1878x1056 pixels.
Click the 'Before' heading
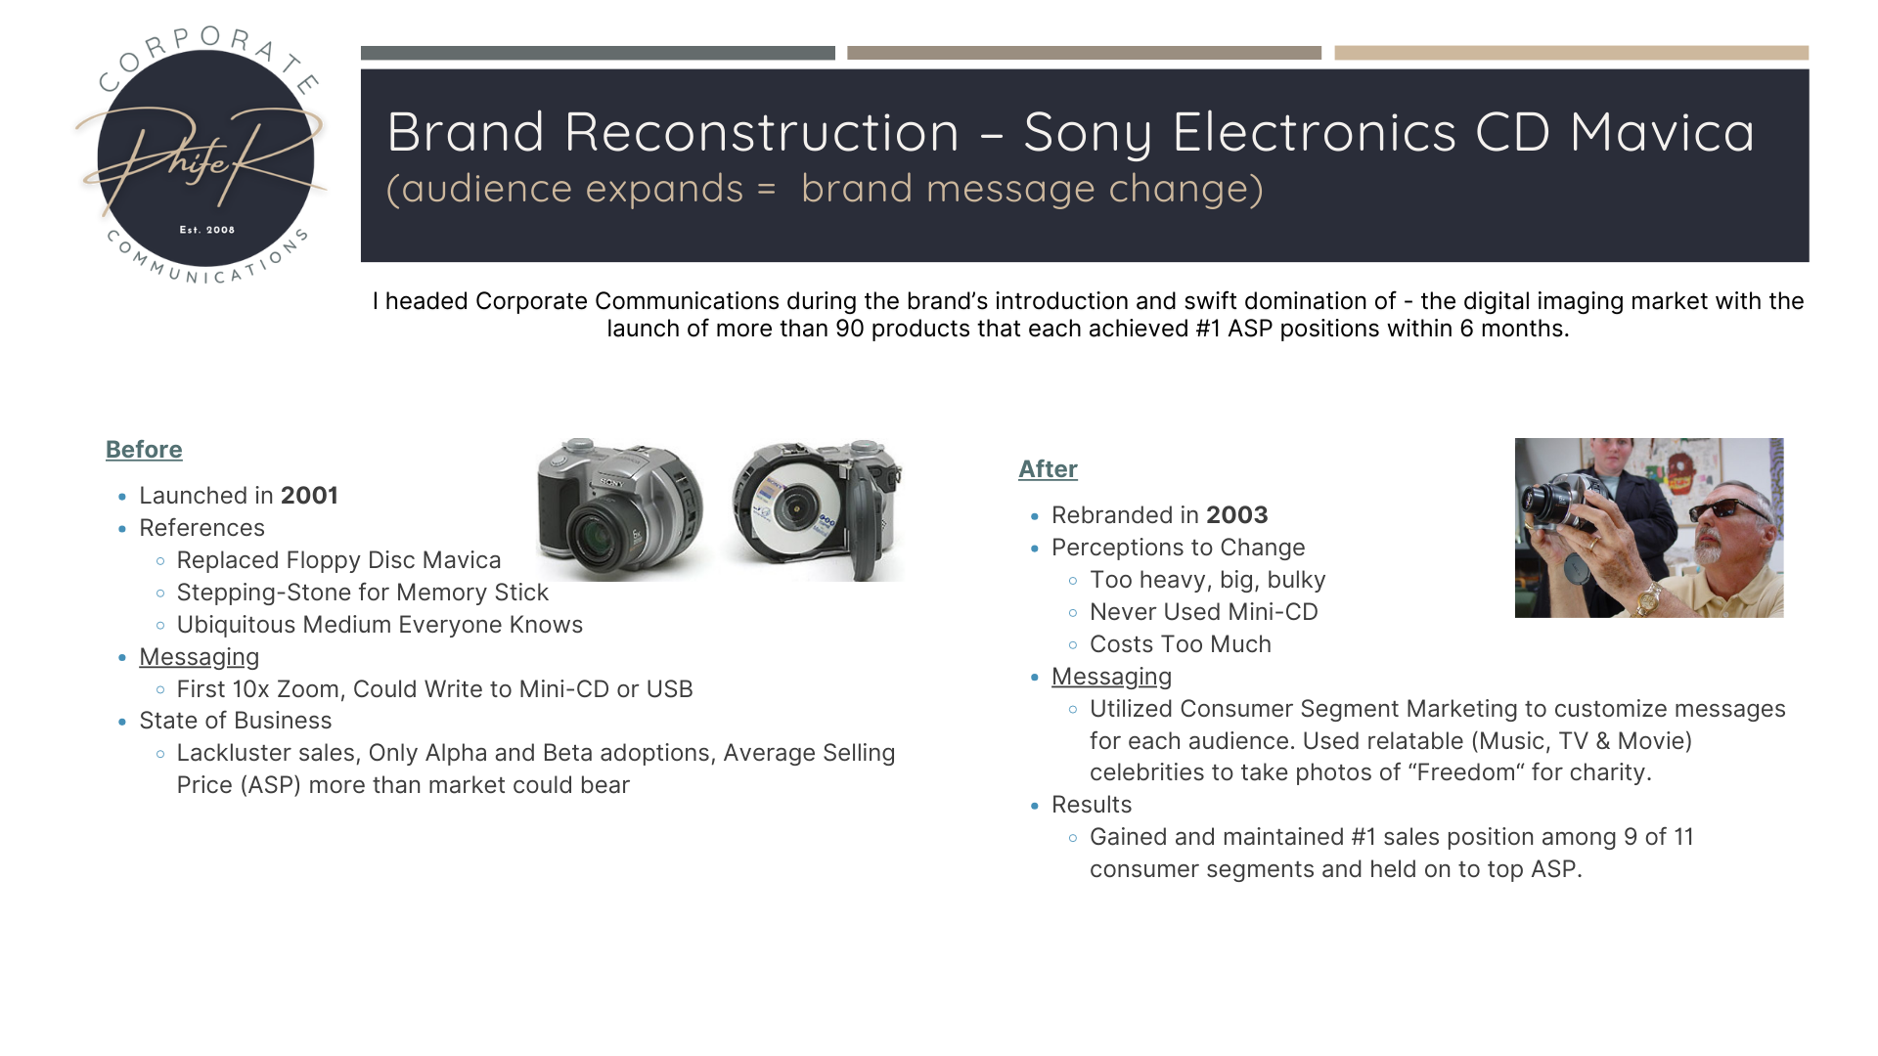click(144, 450)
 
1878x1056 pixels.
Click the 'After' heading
click(1048, 469)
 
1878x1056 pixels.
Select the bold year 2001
click(309, 496)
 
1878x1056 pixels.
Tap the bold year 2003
click(1237, 515)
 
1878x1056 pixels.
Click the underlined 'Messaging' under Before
click(200, 657)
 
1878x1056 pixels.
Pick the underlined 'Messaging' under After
click(1111, 677)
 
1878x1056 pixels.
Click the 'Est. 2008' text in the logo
click(207, 230)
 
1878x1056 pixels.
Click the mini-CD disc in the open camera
click(793, 509)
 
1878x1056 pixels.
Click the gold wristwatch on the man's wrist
click(1648, 596)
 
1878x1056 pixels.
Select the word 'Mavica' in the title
click(1663, 132)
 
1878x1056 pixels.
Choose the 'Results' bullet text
click(1092, 805)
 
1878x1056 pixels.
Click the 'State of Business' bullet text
click(236, 721)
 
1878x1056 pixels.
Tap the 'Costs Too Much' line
click(1181, 644)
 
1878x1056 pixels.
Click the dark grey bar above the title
click(598, 53)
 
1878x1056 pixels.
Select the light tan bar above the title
click(1571, 53)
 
